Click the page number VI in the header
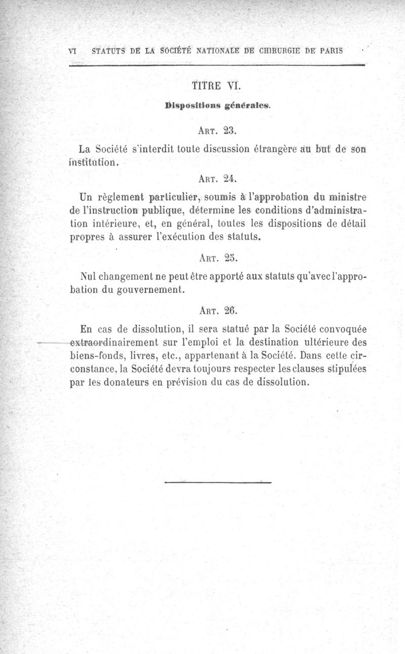click(x=72, y=51)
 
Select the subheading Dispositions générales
click(x=218, y=106)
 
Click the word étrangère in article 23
click(x=270, y=149)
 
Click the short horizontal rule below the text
click(x=218, y=482)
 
